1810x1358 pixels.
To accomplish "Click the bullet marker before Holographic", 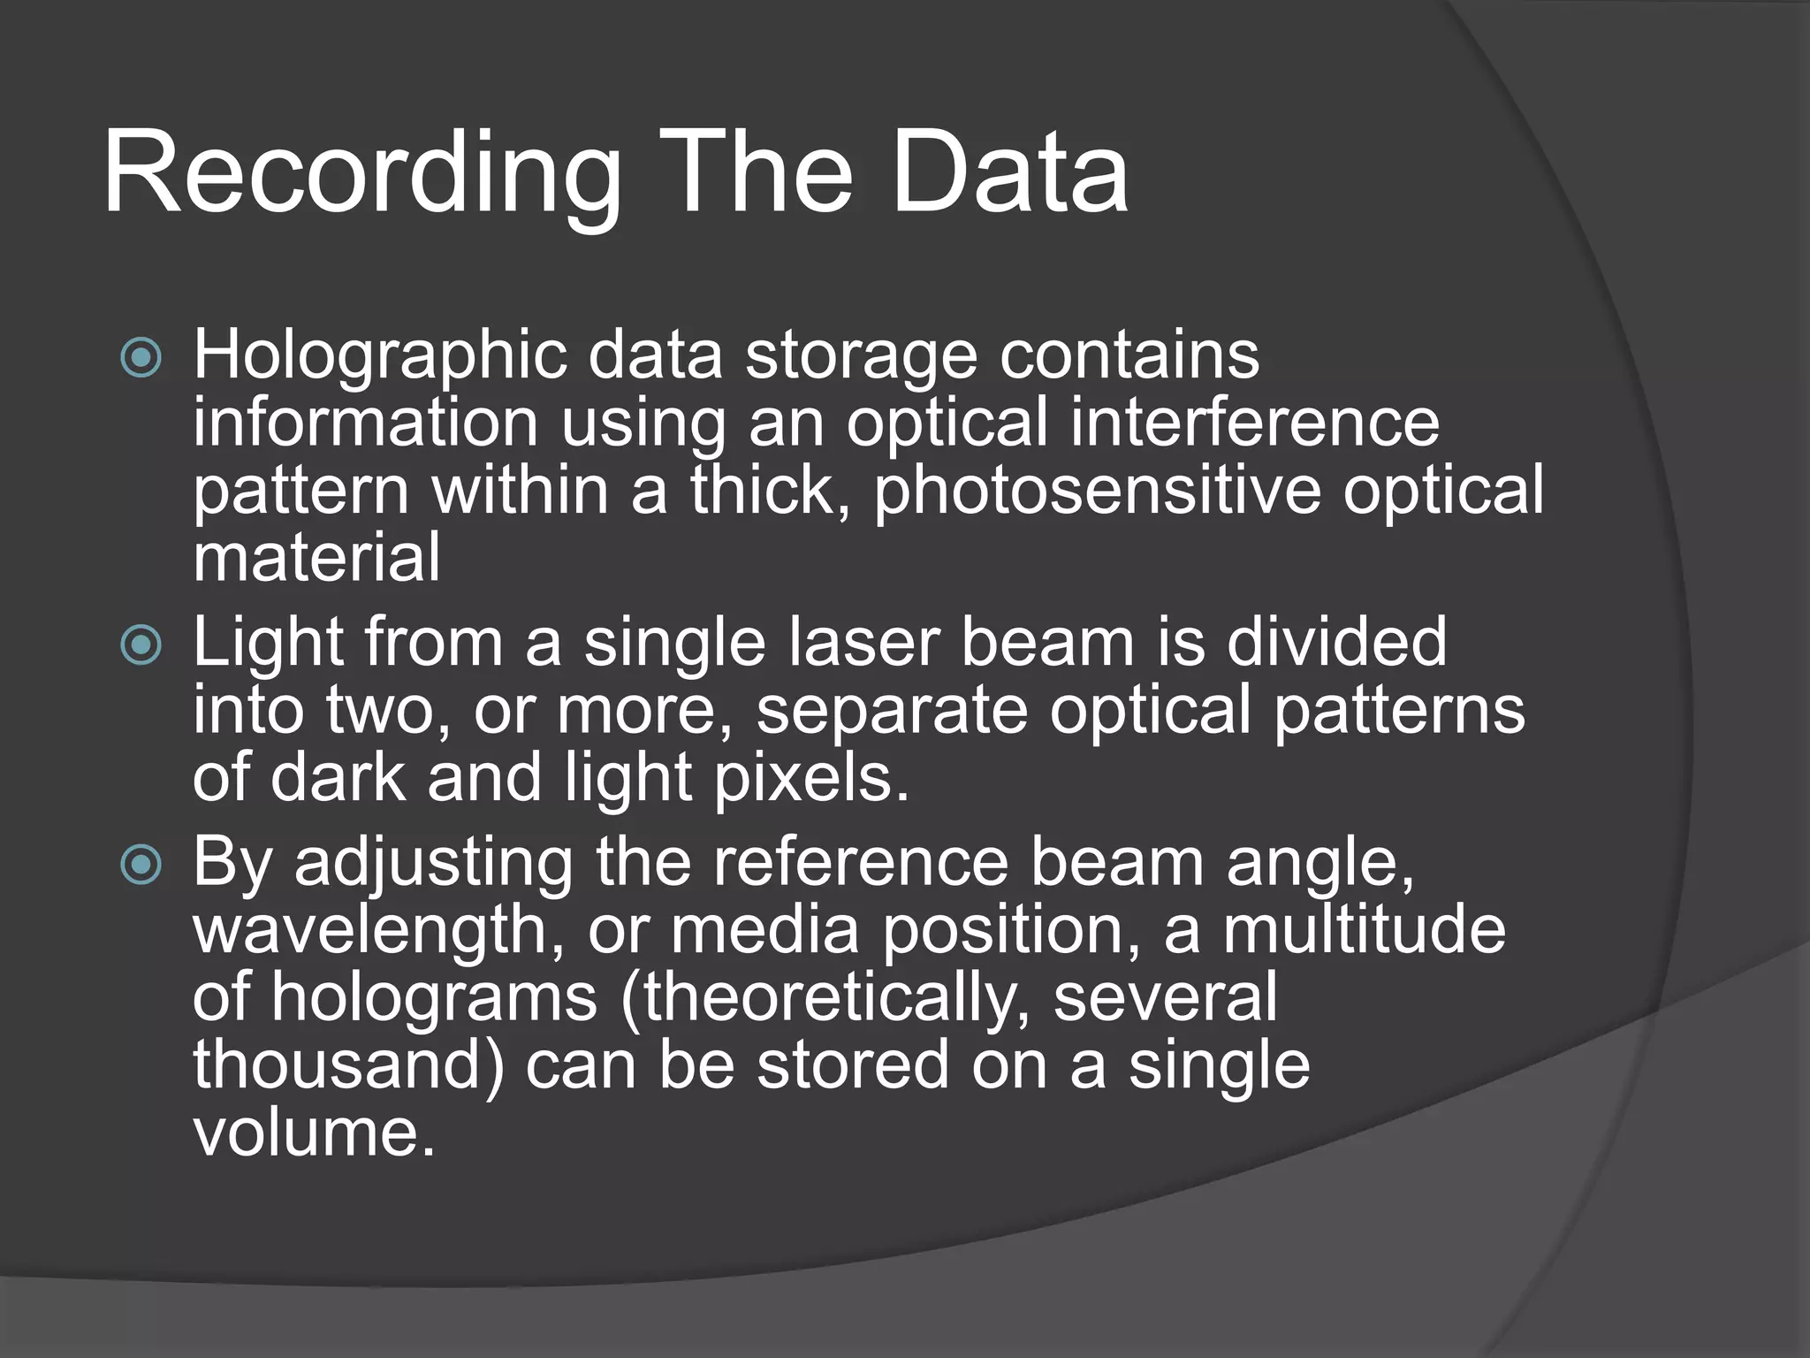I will tap(141, 357).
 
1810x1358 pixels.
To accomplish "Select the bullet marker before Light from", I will tap(141, 645).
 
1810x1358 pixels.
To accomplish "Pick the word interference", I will tap(1255, 423).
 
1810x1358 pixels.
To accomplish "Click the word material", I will tap(316, 558).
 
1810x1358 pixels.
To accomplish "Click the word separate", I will tap(892, 711).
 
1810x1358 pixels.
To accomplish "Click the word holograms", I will tap(434, 997).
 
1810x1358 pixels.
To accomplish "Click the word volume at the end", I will tap(314, 1133).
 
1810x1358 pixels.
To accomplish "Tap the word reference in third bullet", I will tap(861, 863).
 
